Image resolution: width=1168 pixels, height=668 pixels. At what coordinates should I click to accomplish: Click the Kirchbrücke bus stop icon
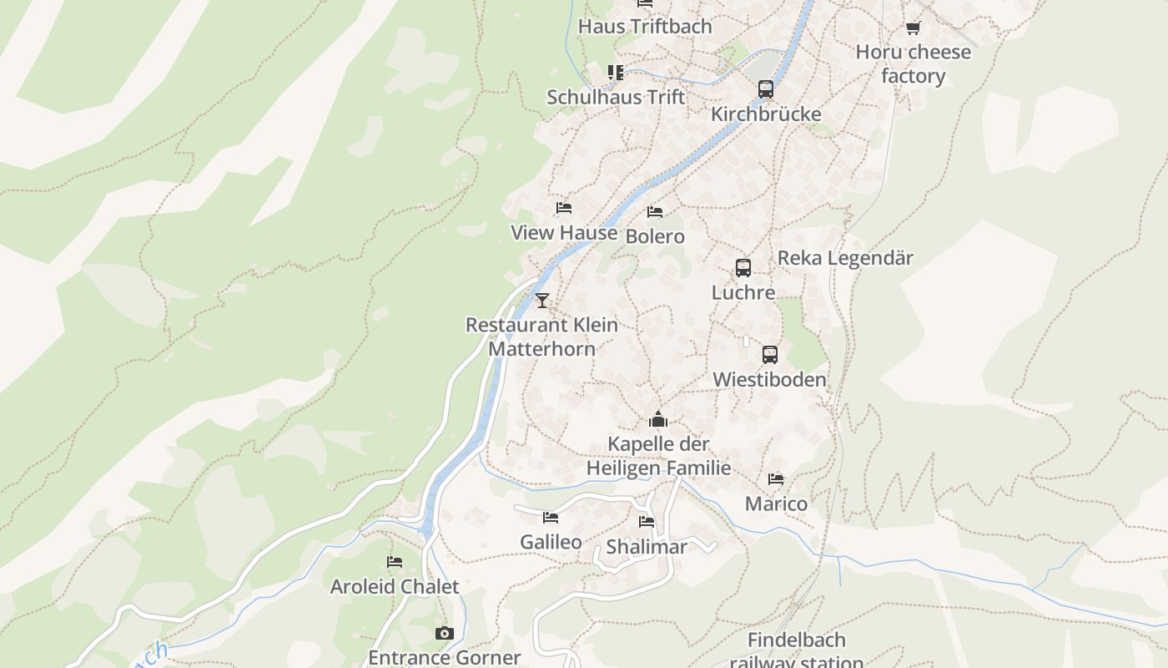point(765,89)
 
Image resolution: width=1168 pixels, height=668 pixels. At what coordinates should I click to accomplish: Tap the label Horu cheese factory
point(913,64)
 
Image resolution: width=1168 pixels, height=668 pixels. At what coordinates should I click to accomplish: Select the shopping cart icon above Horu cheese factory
point(913,28)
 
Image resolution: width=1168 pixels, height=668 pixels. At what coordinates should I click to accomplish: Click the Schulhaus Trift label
point(616,97)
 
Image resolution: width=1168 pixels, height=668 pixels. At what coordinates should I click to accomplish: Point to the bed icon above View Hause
point(564,208)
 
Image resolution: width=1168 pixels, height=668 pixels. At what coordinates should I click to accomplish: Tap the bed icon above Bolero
point(655,212)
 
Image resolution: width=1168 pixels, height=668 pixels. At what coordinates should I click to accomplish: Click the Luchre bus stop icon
point(743,268)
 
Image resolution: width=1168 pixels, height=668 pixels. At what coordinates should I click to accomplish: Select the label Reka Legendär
point(845,258)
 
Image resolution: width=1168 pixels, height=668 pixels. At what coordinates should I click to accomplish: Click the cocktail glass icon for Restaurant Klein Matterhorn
point(542,301)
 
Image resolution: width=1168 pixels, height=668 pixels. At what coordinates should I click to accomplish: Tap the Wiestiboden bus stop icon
point(769,355)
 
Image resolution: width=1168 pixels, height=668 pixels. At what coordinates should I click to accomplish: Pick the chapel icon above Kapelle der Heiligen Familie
point(658,419)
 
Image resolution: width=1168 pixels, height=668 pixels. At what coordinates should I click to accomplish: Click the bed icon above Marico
point(776,479)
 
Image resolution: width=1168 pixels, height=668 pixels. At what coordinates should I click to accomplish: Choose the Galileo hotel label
point(551,542)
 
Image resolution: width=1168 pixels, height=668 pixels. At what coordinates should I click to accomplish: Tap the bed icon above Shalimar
point(647,523)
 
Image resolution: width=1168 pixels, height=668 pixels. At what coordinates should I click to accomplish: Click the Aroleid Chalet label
point(395,587)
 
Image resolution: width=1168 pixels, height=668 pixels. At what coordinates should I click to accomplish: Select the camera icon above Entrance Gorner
point(445,634)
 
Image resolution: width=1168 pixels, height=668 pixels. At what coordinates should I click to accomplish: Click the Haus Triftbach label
point(645,26)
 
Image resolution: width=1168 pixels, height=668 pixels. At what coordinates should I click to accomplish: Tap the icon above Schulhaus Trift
point(616,73)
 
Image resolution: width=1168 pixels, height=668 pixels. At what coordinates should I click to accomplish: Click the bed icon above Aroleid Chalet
point(395,562)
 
